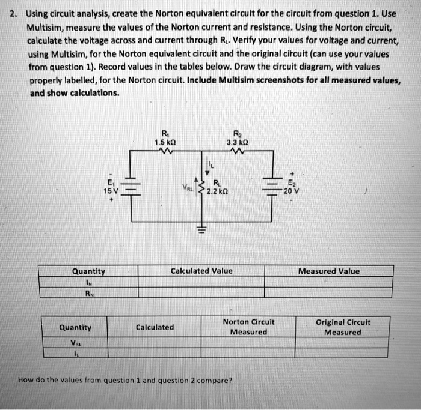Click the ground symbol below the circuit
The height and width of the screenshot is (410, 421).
[x=201, y=229]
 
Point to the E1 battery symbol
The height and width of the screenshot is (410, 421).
[x=130, y=187]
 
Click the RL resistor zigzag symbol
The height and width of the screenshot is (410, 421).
[x=201, y=187]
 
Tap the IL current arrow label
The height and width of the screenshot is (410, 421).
[x=210, y=164]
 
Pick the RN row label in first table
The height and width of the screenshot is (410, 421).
[x=89, y=293]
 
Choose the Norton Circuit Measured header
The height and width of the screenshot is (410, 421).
[x=248, y=327]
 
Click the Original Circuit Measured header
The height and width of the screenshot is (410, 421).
[x=343, y=327]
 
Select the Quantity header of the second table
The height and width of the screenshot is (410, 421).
[x=75, y=327]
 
